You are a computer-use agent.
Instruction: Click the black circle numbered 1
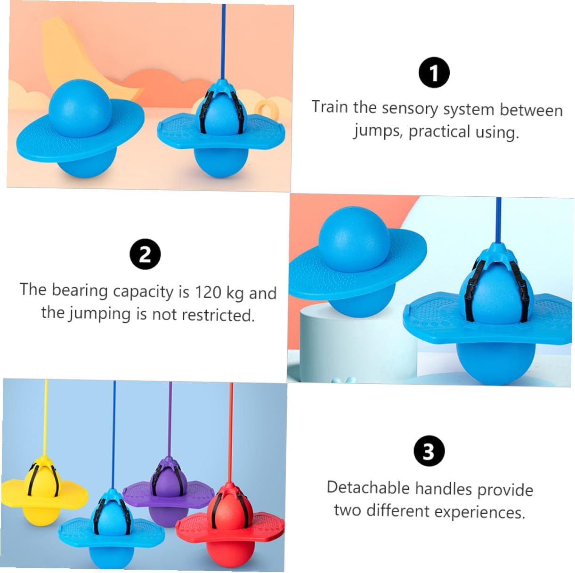434,73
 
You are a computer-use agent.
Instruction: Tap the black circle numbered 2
145,254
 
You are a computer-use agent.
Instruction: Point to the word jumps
377,132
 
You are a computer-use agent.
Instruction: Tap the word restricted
219,315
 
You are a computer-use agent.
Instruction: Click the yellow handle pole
45,421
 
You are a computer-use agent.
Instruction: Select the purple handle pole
170,423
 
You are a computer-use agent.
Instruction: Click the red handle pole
231,433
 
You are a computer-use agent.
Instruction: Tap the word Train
330,106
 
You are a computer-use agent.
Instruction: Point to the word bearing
80,291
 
